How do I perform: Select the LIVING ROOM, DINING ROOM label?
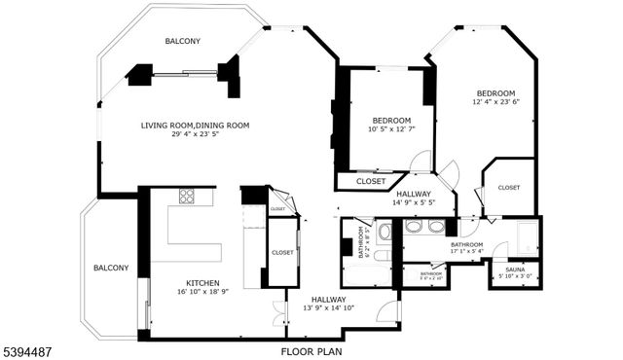click(x=195, y=125)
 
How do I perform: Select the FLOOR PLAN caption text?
click(x=311, y=350)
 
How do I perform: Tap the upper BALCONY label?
click(x=182, y=41)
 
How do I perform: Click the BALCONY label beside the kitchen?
click(x=111, y=268)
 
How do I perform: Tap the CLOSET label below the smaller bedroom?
click(x=370, y=181)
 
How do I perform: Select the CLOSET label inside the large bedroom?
click(x=508, y=187)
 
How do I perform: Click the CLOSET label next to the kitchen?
click(x=282, y=252)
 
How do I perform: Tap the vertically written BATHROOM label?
click(x=361, y=240)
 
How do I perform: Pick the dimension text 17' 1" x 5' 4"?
click(x=466, y=252)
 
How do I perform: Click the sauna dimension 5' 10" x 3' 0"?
click(x=511, y=276)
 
